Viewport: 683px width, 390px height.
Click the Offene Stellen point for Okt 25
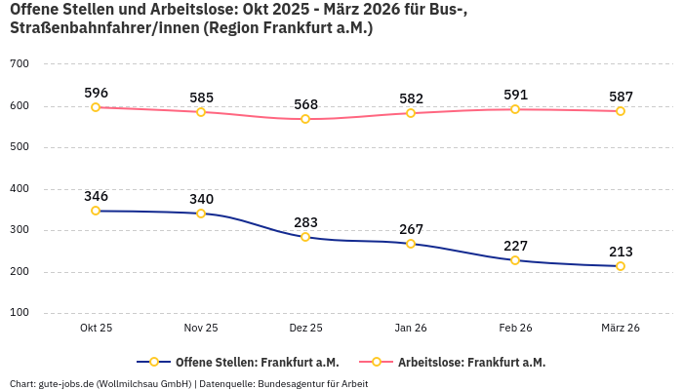click(96, 211)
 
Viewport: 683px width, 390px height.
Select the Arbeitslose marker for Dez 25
click(305, 119)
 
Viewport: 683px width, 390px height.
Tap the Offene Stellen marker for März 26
click(621, 266)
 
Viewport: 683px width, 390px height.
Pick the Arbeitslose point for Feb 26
click(515, 109)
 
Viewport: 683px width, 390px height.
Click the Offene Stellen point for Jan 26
click(411, 244)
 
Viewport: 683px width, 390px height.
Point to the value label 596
click(96, 93)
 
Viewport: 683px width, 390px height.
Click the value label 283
click(305, 222)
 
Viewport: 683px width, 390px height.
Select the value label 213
click(621, 252)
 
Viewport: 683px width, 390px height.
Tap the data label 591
click(515, 95)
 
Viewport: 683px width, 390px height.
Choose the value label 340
click(201, 199)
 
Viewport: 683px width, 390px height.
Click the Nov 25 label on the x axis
click(201, 329)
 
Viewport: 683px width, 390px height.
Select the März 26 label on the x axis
click(621, 329)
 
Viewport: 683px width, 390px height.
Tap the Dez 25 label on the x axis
click(305, 329)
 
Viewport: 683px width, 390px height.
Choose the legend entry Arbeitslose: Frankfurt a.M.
click(470, 362)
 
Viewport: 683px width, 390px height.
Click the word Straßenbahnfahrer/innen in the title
click(103, 29)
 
